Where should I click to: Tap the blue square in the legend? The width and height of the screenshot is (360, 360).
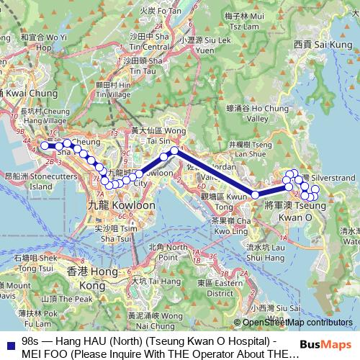pyautogui.click(x=9, y=343)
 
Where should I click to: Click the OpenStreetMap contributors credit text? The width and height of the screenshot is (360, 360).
pyautogui.click(x=297, y=323)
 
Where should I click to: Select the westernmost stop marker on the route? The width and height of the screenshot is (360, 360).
pyautogui.click(x=44, y=145)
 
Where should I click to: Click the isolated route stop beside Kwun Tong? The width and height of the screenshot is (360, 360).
pyautogui.click(x=255, y=194)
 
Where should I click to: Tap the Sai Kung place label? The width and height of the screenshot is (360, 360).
pyautogui.click(x=323, y=45)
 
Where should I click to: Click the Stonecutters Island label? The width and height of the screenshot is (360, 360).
pyautogui.click(x=29, y=180)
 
